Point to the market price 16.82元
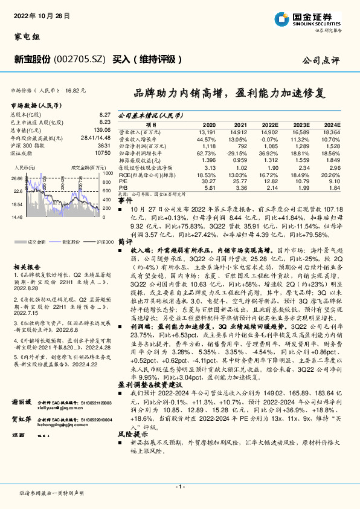tap(76, 89)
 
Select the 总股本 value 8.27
tap(104, 114)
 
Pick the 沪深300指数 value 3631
tap(103, 145)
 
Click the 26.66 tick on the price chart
tap(16, 178)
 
